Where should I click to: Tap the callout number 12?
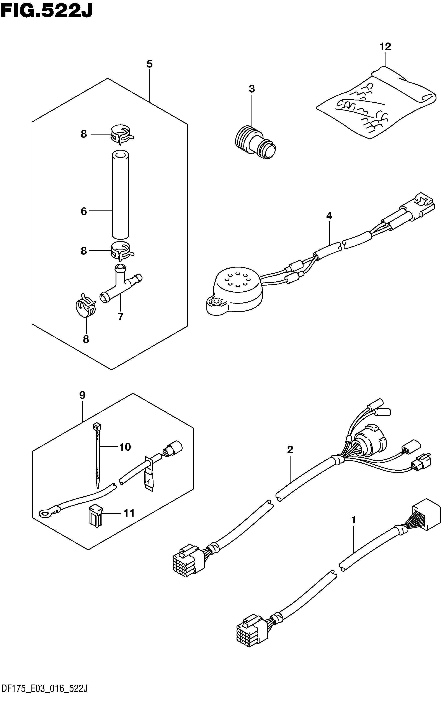(385, 47)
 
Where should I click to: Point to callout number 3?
(252, 89)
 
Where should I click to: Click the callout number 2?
(290, 450)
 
